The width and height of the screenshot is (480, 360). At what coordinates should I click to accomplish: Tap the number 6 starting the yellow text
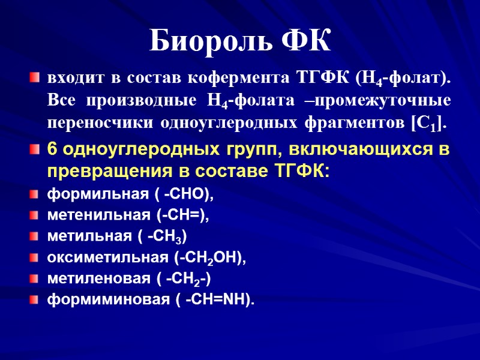pyautogui.click(x=52, y=149)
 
